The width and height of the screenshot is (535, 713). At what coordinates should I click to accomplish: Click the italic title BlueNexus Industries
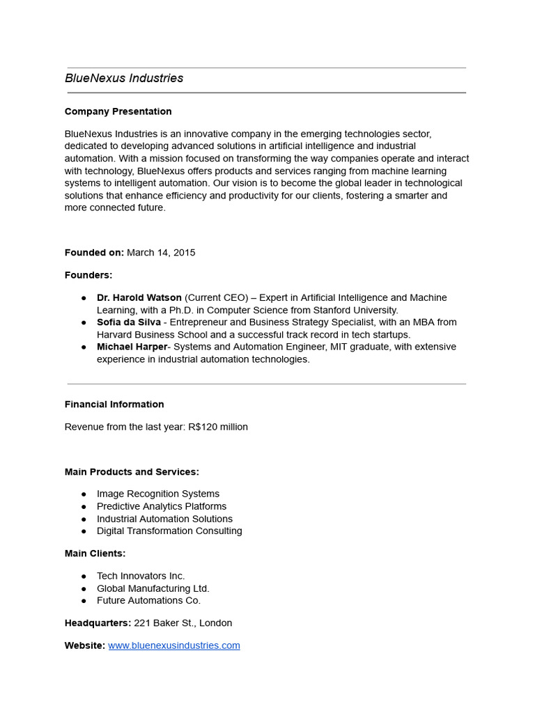(x=124, y=79)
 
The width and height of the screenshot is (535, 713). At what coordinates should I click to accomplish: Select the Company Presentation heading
(x=118, y=111)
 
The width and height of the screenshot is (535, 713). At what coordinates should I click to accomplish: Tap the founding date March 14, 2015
(x=161, y=253)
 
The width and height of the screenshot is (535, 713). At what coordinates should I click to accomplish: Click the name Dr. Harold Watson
(x=139, y=297)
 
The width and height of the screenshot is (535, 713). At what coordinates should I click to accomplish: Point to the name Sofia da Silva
(x=129, y=322)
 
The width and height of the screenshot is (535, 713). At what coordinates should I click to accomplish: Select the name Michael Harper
(x=132, y=347)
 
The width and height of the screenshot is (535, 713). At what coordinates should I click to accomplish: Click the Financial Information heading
(x=114, y=405)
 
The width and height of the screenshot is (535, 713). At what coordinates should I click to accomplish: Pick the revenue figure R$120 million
(x=217, y=427)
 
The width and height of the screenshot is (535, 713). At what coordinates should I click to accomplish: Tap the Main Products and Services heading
(x=132, y=472)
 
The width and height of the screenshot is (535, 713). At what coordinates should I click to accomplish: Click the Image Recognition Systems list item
(x=158, y=494)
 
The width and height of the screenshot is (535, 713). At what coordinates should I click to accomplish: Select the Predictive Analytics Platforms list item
(x=162, y=506)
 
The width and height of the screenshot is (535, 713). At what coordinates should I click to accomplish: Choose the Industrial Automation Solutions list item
(x=164, y=519)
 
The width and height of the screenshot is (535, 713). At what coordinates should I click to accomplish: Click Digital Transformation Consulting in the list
(x=169, y=531)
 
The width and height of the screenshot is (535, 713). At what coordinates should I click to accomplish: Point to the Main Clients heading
(x=95, y=554)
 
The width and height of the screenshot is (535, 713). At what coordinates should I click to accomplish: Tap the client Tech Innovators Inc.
(x=141, y=576)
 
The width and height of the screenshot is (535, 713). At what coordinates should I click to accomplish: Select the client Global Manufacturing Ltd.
(x=153, y=588)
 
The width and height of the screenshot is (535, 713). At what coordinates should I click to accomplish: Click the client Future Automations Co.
(x=148, y=600)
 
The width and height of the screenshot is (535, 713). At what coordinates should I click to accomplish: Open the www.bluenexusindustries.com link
(x=174, y=645)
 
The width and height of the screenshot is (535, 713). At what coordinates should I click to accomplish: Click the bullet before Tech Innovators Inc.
(x=84, y=577)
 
